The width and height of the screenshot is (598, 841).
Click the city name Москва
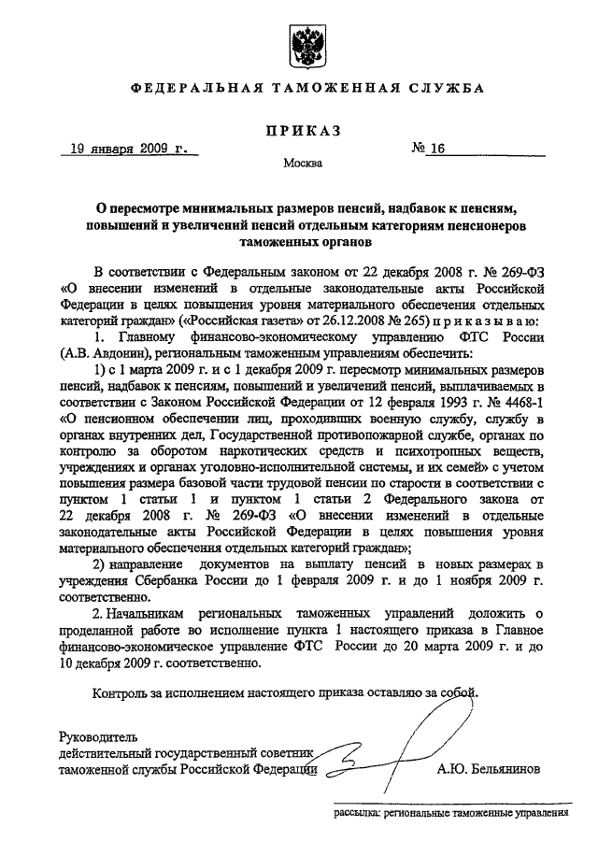tap(303, 164)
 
